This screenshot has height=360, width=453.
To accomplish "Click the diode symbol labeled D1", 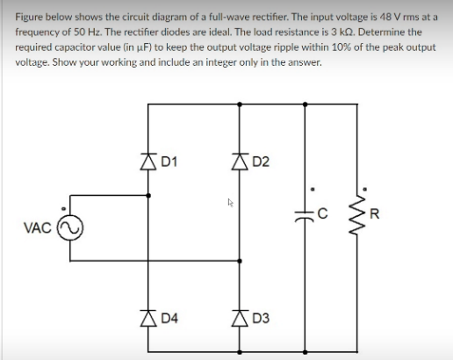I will pyautogui.click(x=148, y=161).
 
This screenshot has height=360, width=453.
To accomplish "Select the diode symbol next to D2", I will pyautogui.click(x=237, y=161).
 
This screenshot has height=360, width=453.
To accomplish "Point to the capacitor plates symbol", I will pyautogui.click(x=305, y=213).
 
